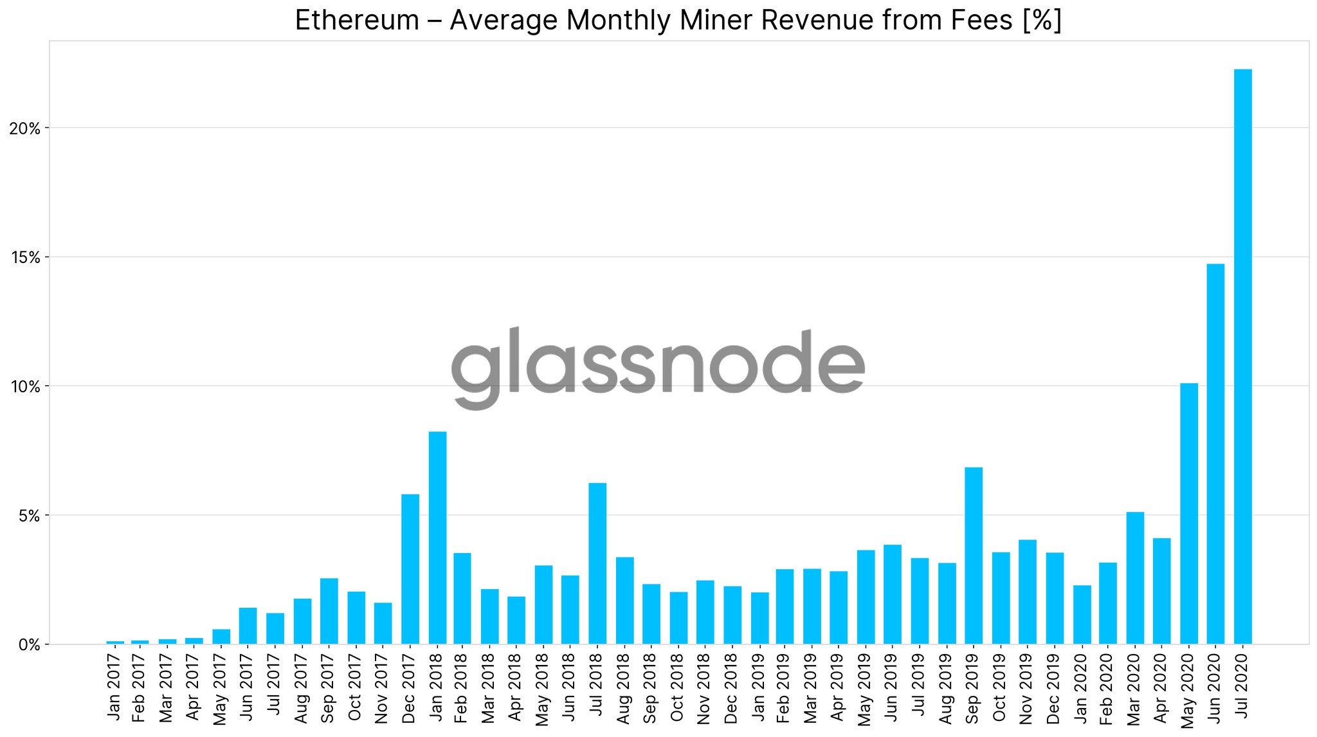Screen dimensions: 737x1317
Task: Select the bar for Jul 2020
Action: click(1242, 357)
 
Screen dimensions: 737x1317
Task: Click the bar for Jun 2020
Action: click(1215, 454)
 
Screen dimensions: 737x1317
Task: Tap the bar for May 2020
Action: click(1189, 514)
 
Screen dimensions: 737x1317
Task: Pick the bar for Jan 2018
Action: click(437, 538)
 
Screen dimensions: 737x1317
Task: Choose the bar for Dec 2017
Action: click(410, 569)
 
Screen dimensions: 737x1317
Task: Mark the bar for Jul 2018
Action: click(597, 563)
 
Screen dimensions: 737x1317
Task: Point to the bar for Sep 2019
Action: click(974, 556)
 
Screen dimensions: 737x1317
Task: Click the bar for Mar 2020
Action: click(1135, 578)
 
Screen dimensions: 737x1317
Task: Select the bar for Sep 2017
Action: click(329, 611)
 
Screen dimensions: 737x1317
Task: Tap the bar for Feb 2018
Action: click(462, 599)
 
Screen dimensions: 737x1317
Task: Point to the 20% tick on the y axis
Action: click(25, 129)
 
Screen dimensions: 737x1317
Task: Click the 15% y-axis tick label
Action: click(25, 258)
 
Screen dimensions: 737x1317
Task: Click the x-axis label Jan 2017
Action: click(114, 686)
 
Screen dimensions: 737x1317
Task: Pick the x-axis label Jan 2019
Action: click(759, 686)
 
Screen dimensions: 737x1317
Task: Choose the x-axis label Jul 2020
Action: click(1242, 686)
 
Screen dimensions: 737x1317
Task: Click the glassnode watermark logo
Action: click(658, 367)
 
